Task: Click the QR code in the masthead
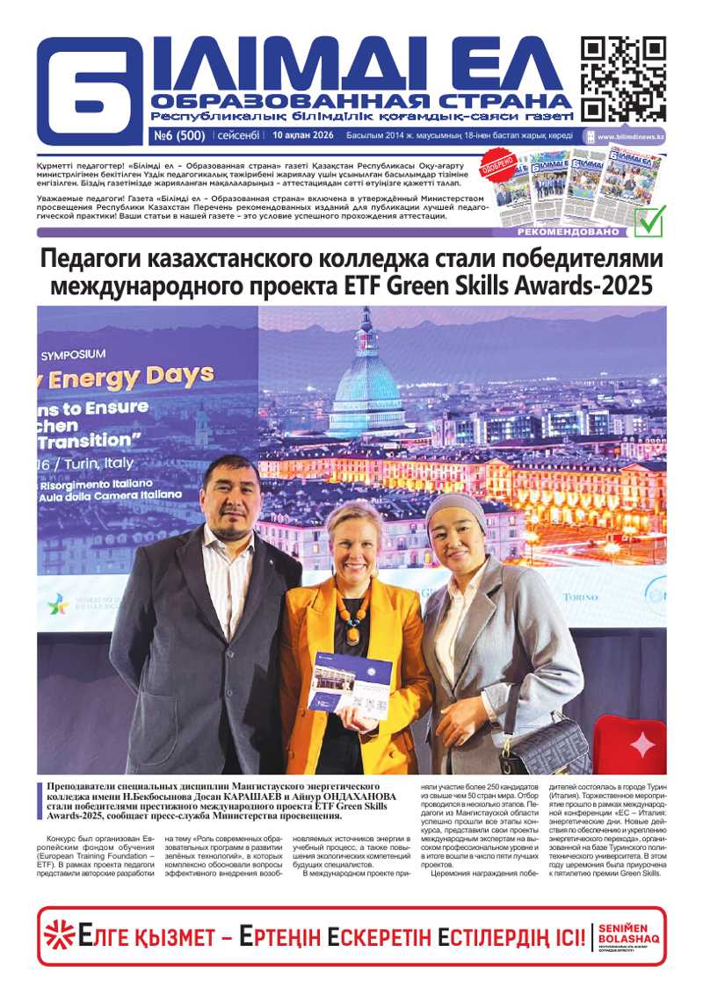tap(623, 78)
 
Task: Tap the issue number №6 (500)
tap(179, 136)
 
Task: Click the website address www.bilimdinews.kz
tap(630, 137)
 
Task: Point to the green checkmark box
tap(649, 221)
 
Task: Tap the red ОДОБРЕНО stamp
tap(496, 167)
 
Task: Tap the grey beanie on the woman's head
tap(455, 508)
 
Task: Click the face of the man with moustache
tap(230, 497)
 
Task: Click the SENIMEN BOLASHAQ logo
tap(627, 936)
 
